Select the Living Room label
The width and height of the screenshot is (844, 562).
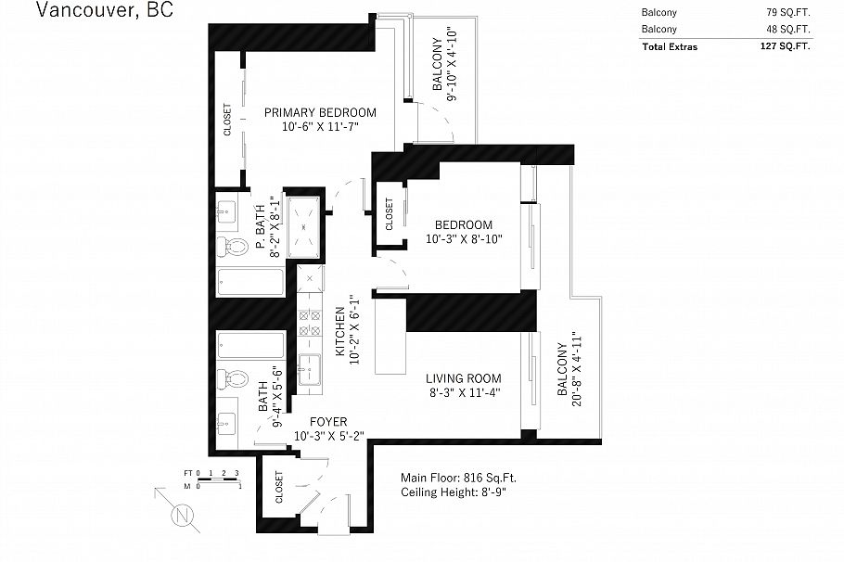click(x=463, y=378)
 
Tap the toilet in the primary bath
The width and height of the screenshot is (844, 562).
click(x=231, y=247)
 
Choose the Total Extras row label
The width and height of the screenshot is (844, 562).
click(x=669, y=45)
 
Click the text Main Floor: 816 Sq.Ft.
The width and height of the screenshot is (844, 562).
click(x=458, y=478)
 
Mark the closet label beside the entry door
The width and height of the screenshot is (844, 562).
click(x=279, y=486)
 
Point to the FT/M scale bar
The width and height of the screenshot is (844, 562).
click(x=211, y=479)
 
